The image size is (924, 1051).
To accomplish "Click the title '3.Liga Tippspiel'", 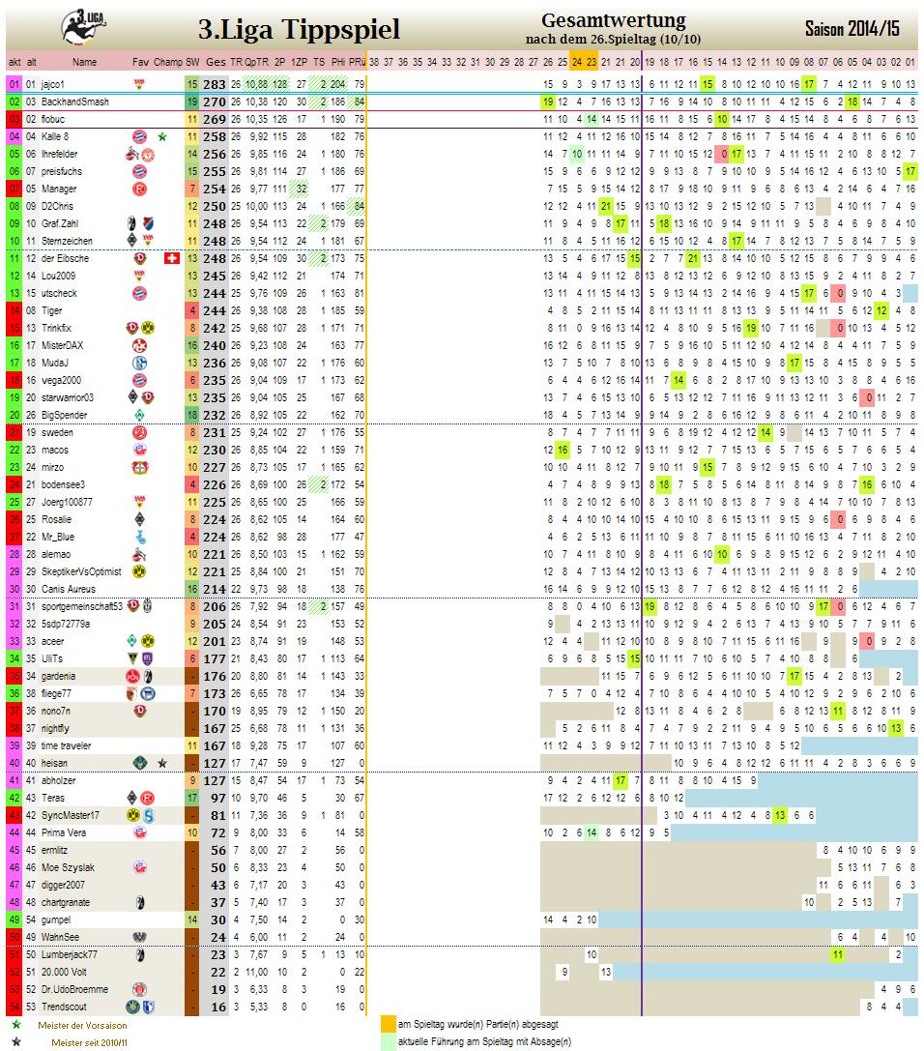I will tap(299, 30).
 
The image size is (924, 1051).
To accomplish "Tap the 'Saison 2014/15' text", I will tap(851, 29).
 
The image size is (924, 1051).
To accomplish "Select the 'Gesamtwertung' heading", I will tap(613, 20).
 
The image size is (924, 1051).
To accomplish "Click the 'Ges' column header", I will tap(216, 62).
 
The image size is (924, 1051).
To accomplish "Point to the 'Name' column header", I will tap(84, 62).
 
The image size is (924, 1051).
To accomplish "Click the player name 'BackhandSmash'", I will tap(74, 102).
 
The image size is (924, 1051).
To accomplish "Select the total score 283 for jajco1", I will tap(215, 84).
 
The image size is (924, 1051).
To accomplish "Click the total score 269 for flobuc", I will tap(215, 119).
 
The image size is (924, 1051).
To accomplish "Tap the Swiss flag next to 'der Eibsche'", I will tap(172, 258).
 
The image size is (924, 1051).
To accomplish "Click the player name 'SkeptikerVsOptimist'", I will tap(81, 571).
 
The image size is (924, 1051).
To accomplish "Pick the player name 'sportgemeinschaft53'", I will tap(82, 606).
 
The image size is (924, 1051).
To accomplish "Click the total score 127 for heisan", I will tap(215, 763).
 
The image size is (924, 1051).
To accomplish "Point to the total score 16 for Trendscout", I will tap(217, 1007).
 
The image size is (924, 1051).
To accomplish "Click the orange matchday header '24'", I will tap(577, 62).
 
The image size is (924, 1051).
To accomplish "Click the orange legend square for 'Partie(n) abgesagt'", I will tap(389, 1024).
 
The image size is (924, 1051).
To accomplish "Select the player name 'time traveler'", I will tap(66, 745).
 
